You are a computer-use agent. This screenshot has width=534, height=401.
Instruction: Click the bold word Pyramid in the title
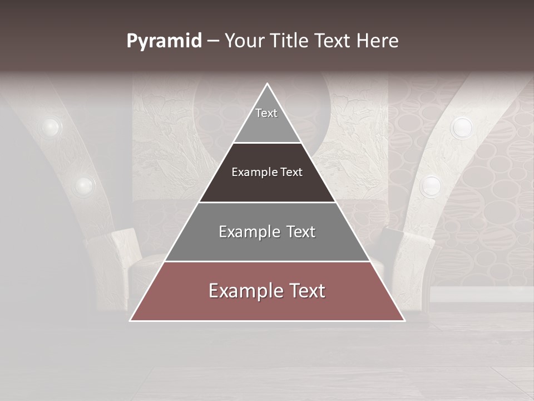click(164, 41)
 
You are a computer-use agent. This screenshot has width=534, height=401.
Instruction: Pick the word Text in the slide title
click(333, 41)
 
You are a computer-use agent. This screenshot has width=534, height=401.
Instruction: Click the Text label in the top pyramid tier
click(266, 113)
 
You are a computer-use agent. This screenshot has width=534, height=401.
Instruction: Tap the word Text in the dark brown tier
click(292, 173)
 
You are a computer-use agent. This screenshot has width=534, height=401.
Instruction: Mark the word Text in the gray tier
click(301, 232)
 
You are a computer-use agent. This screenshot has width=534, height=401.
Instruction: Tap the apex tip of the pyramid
click(268, 84)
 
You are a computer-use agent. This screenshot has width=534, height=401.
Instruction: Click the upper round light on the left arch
click(51, 127)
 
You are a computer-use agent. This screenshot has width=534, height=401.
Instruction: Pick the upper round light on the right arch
click(461, 128)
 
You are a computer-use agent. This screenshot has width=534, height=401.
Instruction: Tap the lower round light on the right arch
click(431, 185)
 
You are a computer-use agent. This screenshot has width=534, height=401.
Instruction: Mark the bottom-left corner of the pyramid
click(131, 320)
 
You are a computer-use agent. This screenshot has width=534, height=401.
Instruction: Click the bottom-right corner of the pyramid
click(404, 320)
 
